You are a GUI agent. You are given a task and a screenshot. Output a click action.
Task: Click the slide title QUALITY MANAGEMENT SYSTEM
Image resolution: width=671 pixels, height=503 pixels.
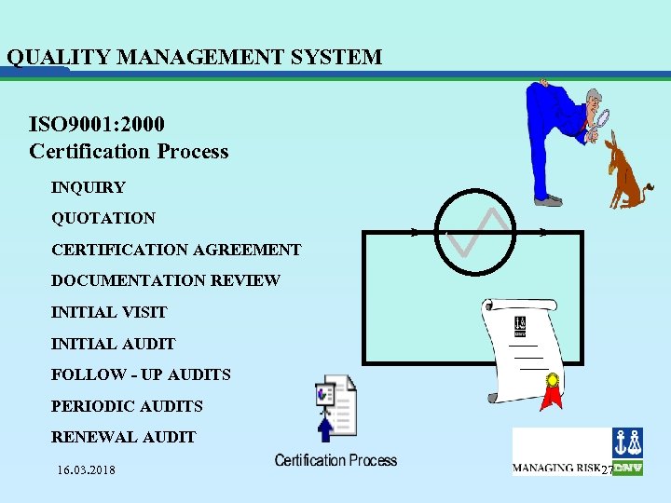tap(194, 57)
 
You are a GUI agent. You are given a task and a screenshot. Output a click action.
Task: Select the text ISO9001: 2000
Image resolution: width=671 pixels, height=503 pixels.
tap(97, 123)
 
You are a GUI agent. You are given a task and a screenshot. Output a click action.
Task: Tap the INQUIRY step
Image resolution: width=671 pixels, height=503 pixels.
tap(88, 187)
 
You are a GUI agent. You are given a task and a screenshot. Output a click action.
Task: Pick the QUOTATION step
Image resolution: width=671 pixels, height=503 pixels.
tap(103, 218)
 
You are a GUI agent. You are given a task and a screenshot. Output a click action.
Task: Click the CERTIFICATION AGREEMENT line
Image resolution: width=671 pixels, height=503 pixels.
tap(176, 250)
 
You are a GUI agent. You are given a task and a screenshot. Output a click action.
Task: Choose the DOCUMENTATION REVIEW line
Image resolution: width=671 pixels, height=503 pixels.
tap(166, 280)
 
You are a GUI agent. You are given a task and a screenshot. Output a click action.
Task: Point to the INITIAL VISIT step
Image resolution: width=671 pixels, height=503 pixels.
tap(109, 312)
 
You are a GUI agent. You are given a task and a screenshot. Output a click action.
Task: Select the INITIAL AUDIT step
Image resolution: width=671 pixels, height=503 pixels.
tap(113, 344)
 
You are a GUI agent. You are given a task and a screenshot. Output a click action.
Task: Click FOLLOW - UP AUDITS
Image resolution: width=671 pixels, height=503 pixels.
tap(141, 374)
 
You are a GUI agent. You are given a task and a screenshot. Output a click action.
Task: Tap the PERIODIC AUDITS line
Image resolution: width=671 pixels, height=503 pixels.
tap(127, 406)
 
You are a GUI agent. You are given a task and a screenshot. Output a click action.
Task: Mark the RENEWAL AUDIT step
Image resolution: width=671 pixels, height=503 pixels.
tap(123, 437)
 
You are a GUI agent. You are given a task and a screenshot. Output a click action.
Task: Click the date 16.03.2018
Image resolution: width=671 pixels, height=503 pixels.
tap(86, 469)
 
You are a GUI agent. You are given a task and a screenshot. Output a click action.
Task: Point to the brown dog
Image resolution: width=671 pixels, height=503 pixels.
tap(626, 171)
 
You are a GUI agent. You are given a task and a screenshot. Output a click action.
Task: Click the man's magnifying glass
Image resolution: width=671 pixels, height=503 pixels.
tap(602, 118)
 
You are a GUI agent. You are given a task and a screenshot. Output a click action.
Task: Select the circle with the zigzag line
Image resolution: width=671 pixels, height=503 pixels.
tap(476, 232)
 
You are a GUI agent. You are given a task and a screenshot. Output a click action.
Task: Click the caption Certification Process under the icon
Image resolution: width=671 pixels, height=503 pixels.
tap(335, 460)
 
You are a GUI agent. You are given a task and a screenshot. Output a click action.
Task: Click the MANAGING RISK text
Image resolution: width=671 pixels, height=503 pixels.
tap(556, 467)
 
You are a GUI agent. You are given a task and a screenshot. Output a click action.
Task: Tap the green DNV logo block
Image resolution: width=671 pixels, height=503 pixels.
tap(627, 468)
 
